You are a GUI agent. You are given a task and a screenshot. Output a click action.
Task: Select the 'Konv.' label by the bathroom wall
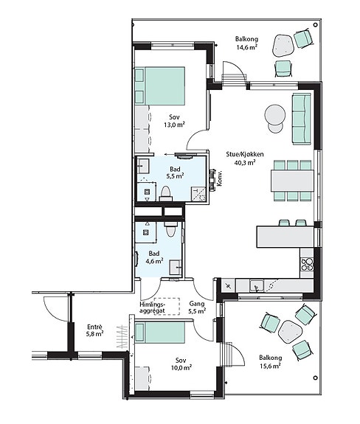point(220,178)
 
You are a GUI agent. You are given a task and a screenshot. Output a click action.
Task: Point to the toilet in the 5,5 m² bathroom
point(166,194)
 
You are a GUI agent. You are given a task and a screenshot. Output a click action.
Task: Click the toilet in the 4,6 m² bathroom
point(170,229)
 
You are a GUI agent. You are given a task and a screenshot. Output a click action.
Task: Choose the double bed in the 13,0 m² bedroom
point(160,86)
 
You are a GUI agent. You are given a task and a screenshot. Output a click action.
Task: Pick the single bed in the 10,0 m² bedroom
point(160,333)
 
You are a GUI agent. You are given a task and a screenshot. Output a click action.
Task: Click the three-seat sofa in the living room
point(301,119)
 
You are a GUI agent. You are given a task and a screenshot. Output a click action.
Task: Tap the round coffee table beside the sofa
point(275,114)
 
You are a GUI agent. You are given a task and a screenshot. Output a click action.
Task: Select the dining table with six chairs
point(293,181)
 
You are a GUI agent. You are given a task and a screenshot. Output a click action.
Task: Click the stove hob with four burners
point(307,265)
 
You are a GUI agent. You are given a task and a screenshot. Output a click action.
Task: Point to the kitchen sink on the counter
point(257,286)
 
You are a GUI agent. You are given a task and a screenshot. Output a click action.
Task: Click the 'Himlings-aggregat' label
point(153,307)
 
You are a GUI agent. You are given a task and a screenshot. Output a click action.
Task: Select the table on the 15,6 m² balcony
point(291,332)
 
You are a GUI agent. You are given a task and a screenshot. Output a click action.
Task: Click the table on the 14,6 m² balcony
point(283,46)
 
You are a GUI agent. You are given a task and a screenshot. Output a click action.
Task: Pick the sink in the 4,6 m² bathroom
point(176,267)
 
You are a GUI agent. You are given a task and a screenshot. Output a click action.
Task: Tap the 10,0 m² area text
point(181,368)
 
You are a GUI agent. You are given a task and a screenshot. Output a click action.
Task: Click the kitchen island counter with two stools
point(285,237)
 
